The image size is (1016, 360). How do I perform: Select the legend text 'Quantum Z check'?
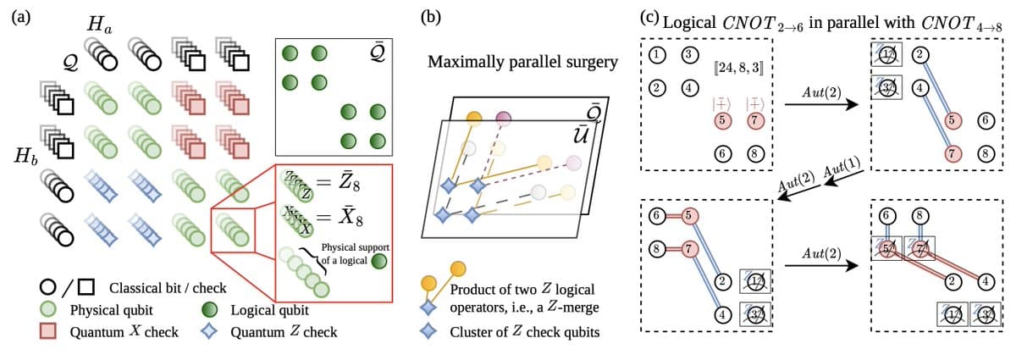tap(284, 331)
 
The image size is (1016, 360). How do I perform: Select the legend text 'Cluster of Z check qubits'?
tap(541, 331)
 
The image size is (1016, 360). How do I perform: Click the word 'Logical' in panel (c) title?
tap(691, 20)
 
